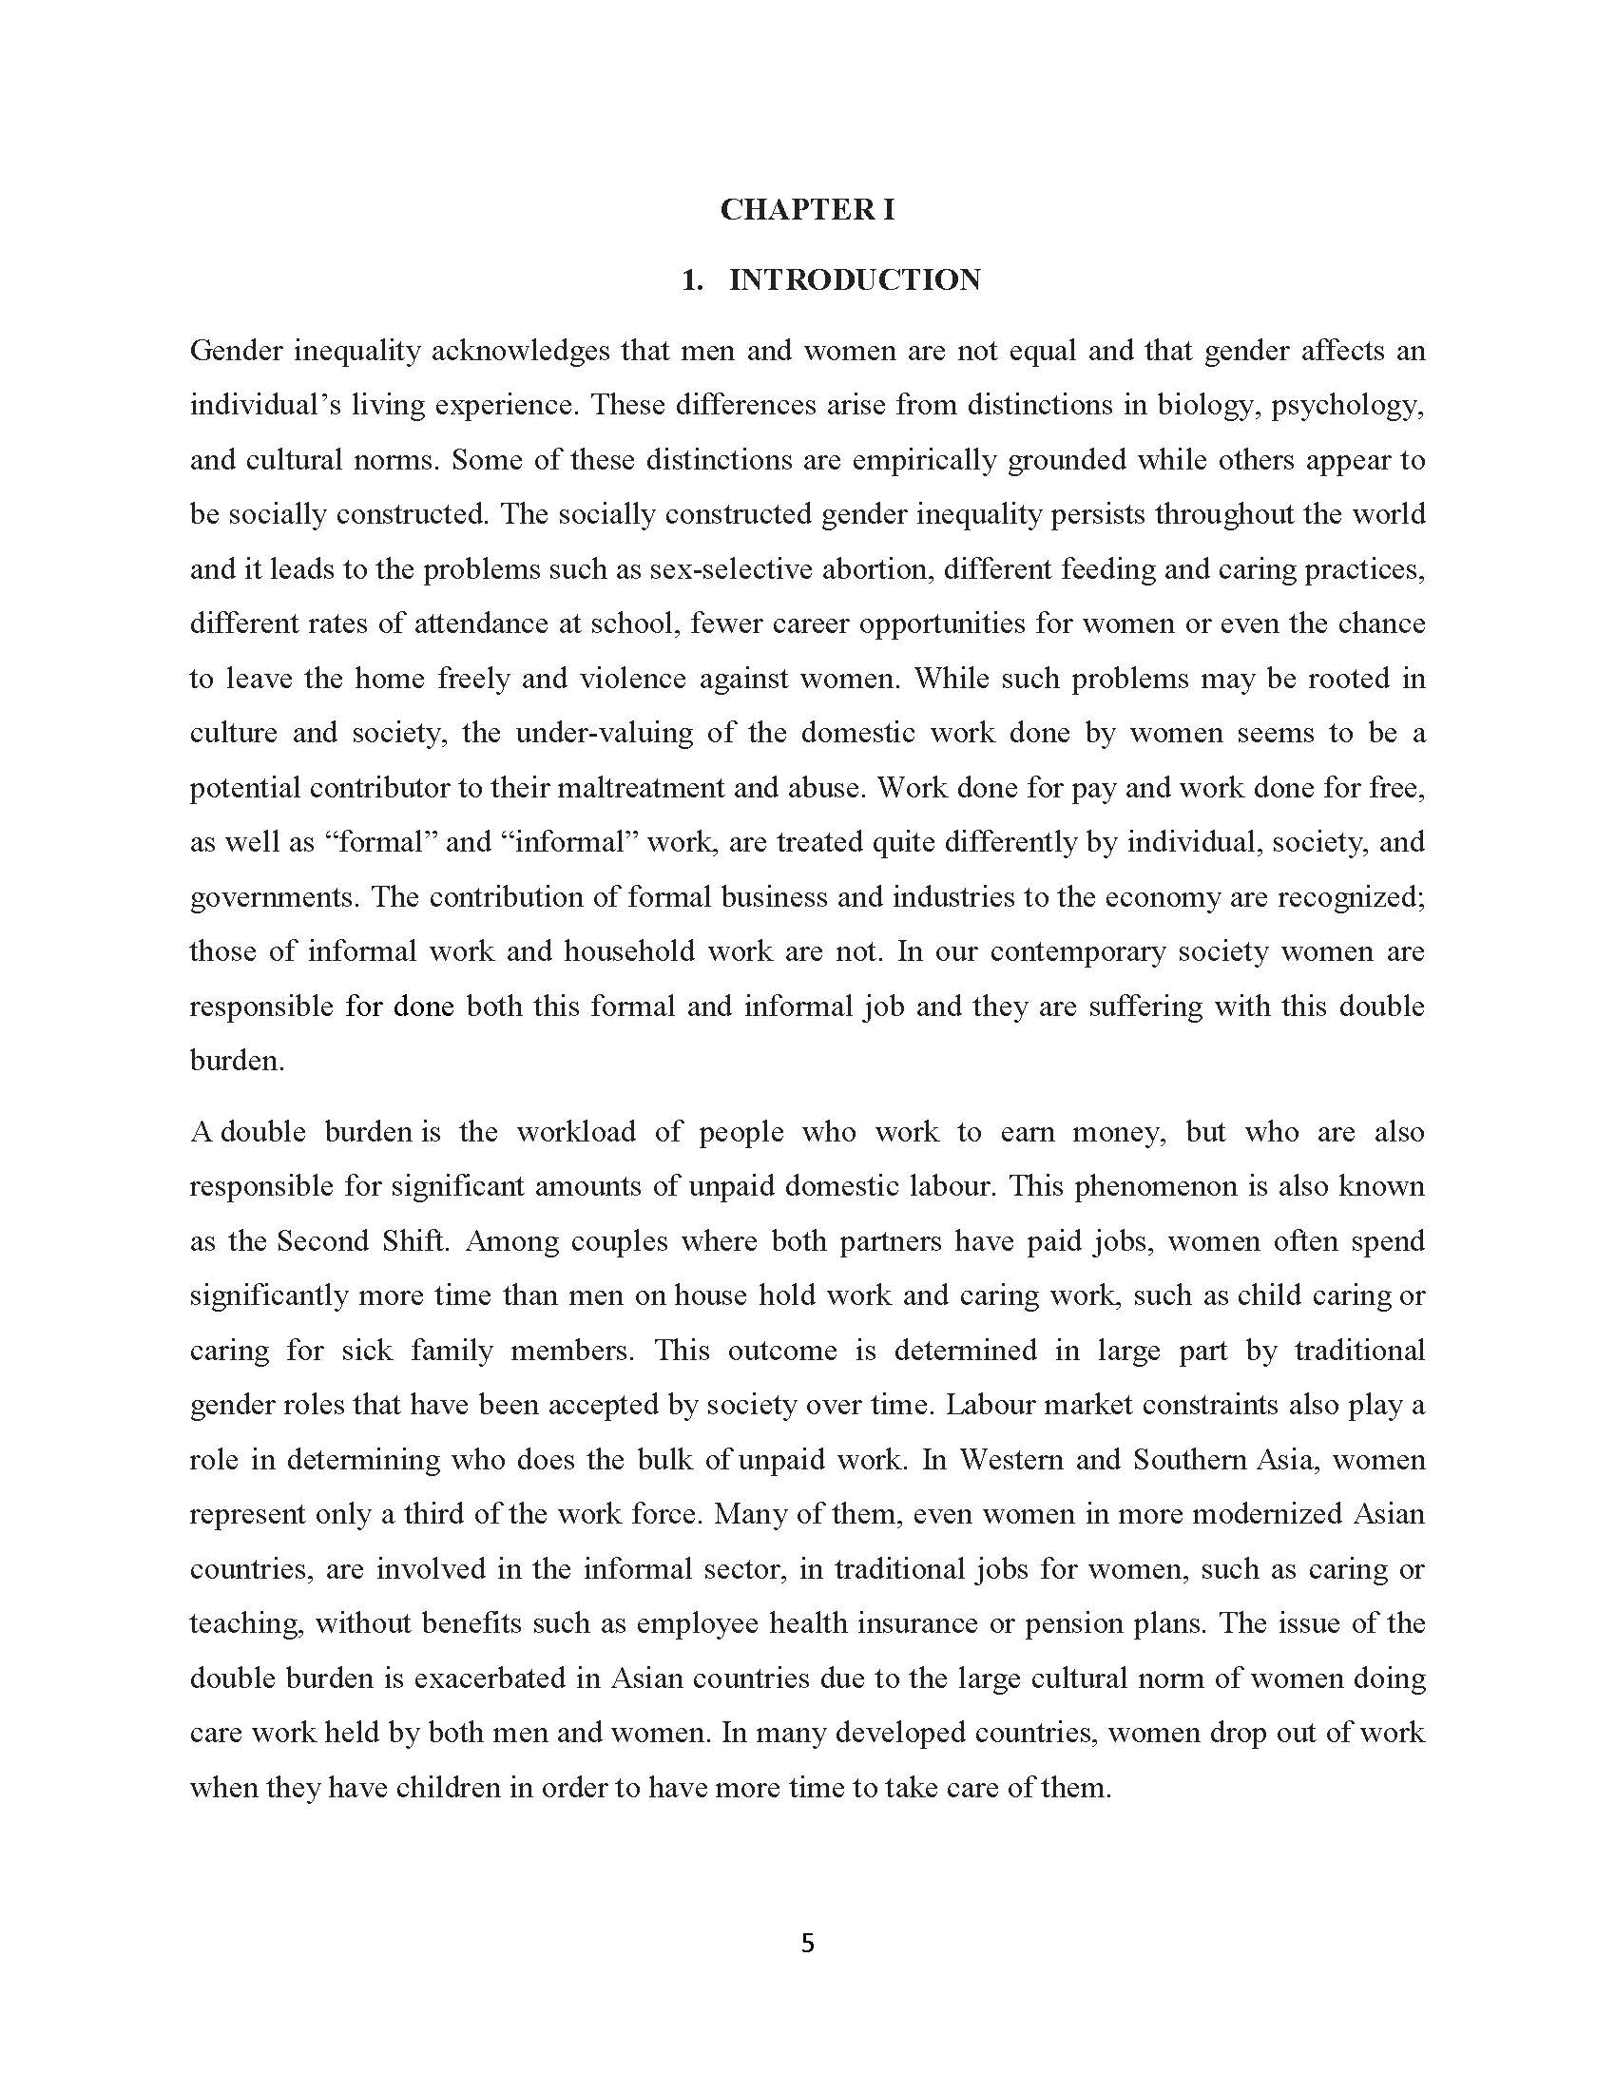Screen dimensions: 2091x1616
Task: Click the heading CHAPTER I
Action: point(807,210)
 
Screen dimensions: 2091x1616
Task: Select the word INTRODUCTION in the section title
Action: point(855,279)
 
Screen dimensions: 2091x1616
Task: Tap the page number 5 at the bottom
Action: point(807,1943)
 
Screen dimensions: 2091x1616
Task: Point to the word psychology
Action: point(1356,406)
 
